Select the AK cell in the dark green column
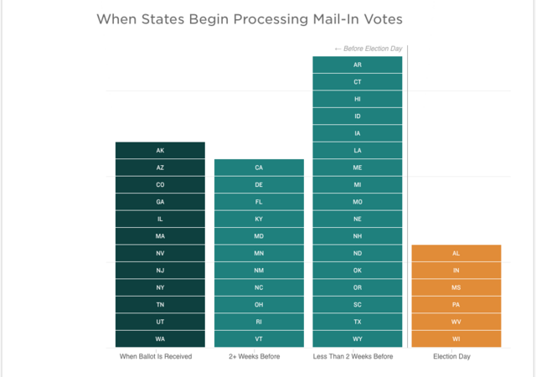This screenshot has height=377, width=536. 160,151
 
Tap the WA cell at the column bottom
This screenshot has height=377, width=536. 160,338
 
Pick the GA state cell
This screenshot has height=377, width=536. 160,202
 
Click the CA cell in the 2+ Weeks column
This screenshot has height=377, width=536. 259,168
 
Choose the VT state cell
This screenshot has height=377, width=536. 259,338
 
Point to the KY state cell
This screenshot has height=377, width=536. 259,219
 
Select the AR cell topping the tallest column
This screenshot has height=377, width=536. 358,65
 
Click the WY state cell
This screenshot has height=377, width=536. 358,338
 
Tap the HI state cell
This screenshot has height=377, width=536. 358,99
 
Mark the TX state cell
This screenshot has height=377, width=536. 358,322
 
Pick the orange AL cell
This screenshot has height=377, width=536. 456,253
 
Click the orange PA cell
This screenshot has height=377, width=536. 456,304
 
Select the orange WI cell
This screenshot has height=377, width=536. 456,338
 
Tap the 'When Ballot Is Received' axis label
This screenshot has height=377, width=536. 156,357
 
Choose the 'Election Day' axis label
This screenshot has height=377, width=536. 451,357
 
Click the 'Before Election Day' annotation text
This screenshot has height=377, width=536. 368,49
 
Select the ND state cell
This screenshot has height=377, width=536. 358,253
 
